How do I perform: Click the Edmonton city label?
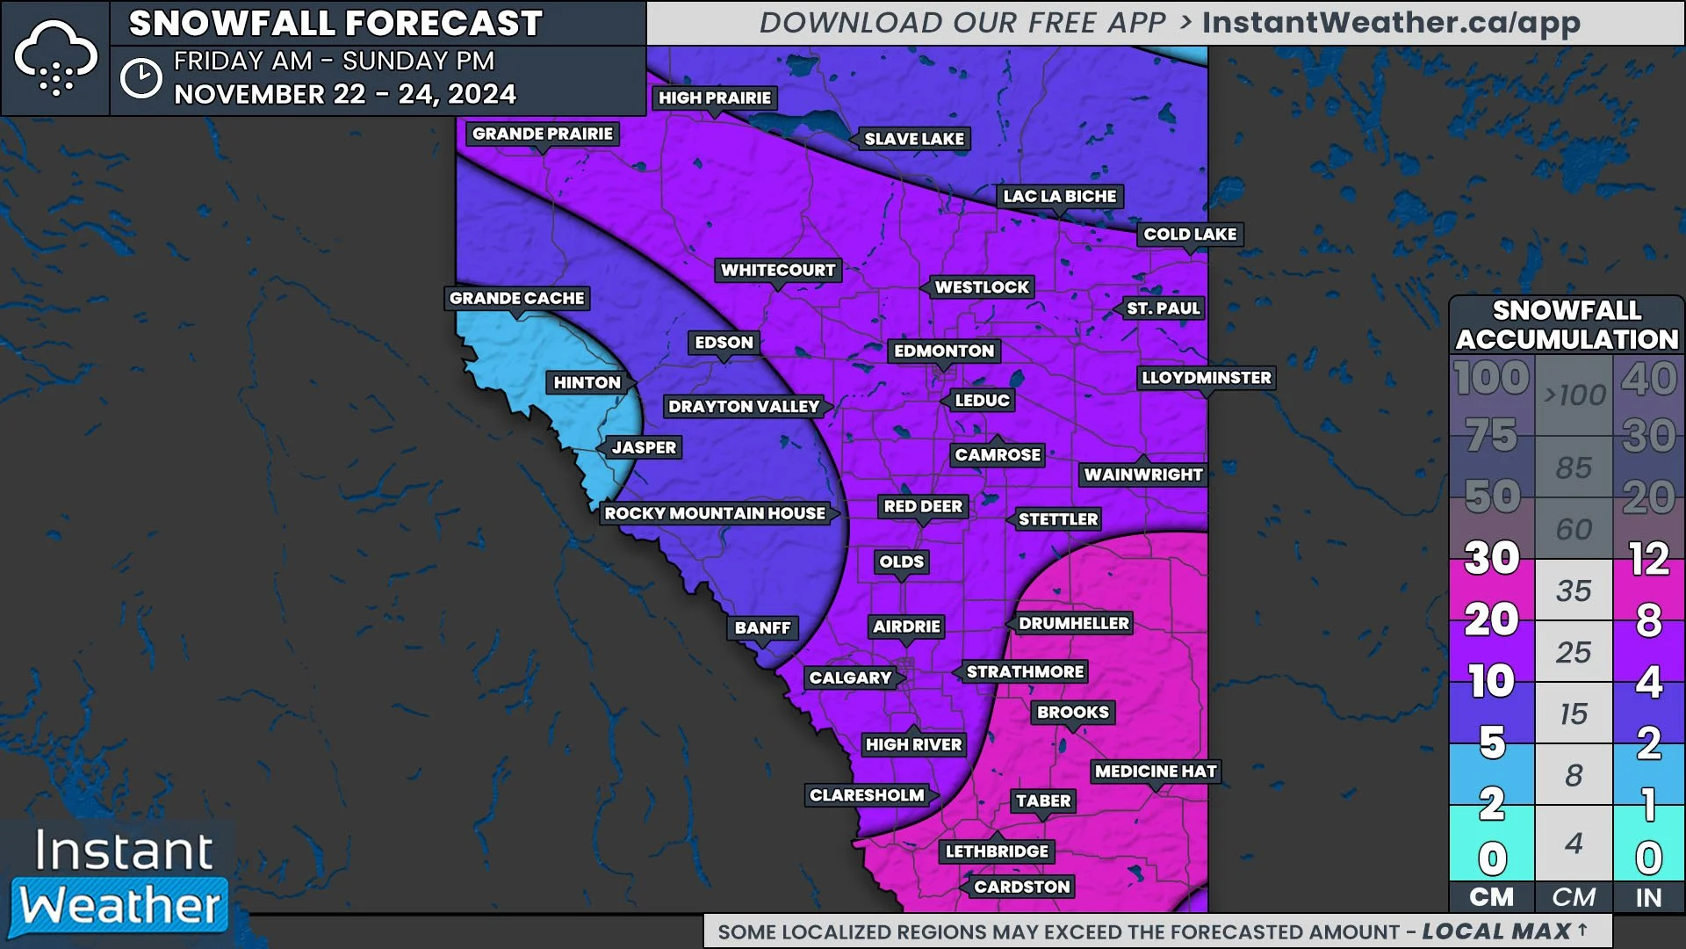coord(944,351)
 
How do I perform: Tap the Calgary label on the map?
coord(850,677)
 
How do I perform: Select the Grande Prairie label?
coord(542,134)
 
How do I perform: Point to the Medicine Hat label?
coord(1156,772)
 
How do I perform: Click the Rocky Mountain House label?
coord(715,513)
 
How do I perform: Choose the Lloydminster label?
coord(1206,378)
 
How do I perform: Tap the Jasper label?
coord(644,447)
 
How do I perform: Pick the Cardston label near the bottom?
coord(1022,887)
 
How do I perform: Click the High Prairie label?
coord(715,98)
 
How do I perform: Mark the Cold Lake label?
coord(1190,235)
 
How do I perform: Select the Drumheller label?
coord(1073,624)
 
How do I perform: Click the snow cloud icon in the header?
coord(55,58)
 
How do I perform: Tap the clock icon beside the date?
coord(140,78)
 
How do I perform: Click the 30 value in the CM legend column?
coord(1491,557)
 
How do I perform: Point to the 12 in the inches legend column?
coord(1648,559)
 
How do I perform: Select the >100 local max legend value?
coord(1574,395)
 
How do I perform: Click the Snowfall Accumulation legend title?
coord(1567,324)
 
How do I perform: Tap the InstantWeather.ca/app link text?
coord(1391,23)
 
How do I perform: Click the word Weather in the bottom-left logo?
coord(120,906)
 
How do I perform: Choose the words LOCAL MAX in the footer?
coord(1496,931)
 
